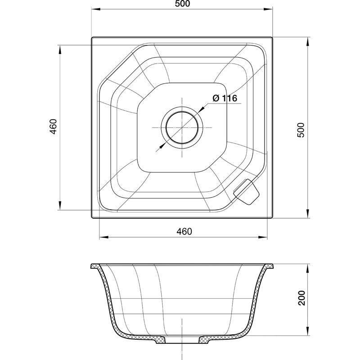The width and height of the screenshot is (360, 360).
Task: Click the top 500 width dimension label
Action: pos(182,4)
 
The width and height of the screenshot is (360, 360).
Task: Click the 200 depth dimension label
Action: pos(301,298)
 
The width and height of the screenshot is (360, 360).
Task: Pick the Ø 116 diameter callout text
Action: pos(225,98)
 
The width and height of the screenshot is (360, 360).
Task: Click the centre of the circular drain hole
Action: pos(182,127)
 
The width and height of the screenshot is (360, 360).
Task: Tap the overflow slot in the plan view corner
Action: pos(246,192)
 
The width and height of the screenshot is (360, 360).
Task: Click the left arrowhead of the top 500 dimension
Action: pos(96,9)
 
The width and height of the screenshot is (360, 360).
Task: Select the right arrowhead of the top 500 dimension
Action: pos(268,9)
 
